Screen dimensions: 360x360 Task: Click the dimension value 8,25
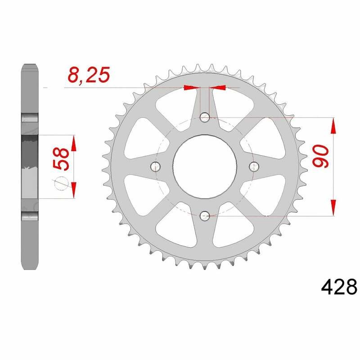[x=88, y=75]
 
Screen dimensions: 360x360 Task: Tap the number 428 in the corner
[x=339, y=286]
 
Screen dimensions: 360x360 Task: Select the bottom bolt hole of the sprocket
[x=204, y=216]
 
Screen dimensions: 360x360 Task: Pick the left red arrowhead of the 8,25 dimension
[x=191, y=88]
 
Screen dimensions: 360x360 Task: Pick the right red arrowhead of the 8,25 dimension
[x=218, y=88]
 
